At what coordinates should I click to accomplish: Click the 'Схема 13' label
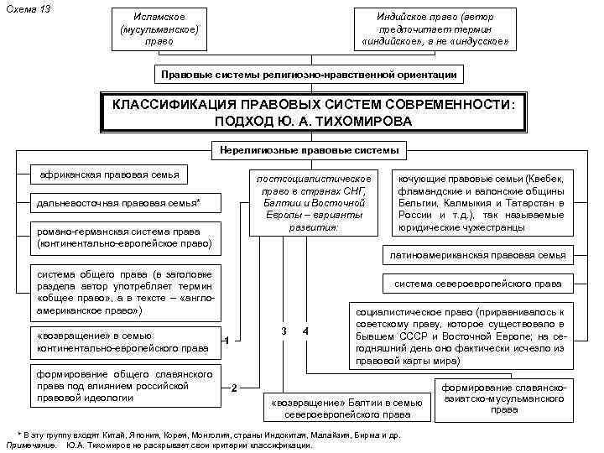[x=29, y=8]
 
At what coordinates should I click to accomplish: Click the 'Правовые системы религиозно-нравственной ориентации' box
[x=309, y=75]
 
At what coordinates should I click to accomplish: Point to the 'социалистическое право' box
[x=462, y=336]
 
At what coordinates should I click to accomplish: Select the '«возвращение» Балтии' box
[x=346, y=408]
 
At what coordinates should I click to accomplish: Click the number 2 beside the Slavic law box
[x=235, y=388]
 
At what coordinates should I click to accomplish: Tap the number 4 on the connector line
[x=305, y=331]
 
